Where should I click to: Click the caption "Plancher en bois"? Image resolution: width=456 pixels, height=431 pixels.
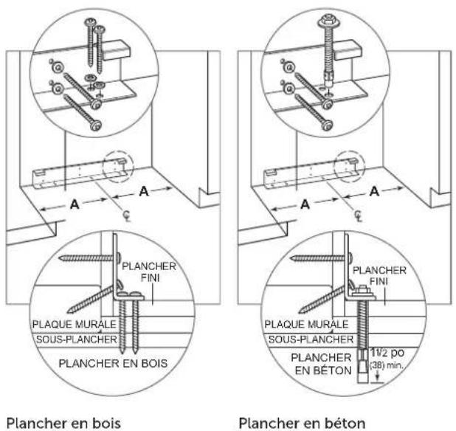[x=63, y=423]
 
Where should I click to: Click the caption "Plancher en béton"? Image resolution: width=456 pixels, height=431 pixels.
[x=302, y=423]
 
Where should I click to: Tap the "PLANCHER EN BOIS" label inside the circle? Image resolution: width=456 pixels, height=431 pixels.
[x=113, y=363]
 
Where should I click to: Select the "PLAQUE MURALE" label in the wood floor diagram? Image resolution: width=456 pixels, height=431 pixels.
[x=75, y=324]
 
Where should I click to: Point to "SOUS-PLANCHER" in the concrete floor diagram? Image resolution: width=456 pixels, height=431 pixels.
[x=311, y=339]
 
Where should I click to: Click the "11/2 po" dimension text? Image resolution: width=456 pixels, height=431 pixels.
[x=387, y=353]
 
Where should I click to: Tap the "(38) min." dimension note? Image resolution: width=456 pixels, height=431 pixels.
[x=386, y=365]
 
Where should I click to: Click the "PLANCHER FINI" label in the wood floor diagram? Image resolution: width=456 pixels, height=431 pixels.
[x=149, y=272]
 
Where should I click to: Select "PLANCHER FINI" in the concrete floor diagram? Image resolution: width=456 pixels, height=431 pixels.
[x=379, y=276]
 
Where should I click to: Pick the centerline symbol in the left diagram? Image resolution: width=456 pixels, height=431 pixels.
[x=127, y=215]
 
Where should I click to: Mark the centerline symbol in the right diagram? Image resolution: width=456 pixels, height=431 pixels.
[x=359, y=216]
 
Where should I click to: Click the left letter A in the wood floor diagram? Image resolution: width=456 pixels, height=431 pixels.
[x=75, y=204]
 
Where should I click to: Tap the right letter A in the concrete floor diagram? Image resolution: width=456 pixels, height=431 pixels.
[x=375, y=191]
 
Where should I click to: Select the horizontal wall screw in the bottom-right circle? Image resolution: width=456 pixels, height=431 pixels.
[x=322, y=258]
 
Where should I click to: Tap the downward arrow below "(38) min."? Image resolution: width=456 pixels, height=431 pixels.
[x=378, y=377]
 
